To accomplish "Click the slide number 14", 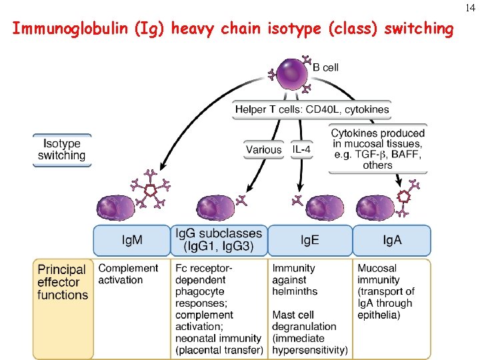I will (471, 7).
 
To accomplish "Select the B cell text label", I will (326, 67).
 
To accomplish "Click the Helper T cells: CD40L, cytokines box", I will (312, 109).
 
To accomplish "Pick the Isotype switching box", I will (61, 150).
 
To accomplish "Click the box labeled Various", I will (263, 150).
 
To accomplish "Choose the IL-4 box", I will (301, 150).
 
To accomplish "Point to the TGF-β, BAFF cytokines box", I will (377, 149).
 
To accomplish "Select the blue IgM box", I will (131, 240).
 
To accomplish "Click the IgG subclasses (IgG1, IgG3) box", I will (219, 240).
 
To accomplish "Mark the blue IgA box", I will (392, 240).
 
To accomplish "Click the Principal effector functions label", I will (63, 282).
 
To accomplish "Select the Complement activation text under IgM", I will (129, 274).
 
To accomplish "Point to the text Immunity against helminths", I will (295, 279).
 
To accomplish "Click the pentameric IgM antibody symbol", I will (151, 191).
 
